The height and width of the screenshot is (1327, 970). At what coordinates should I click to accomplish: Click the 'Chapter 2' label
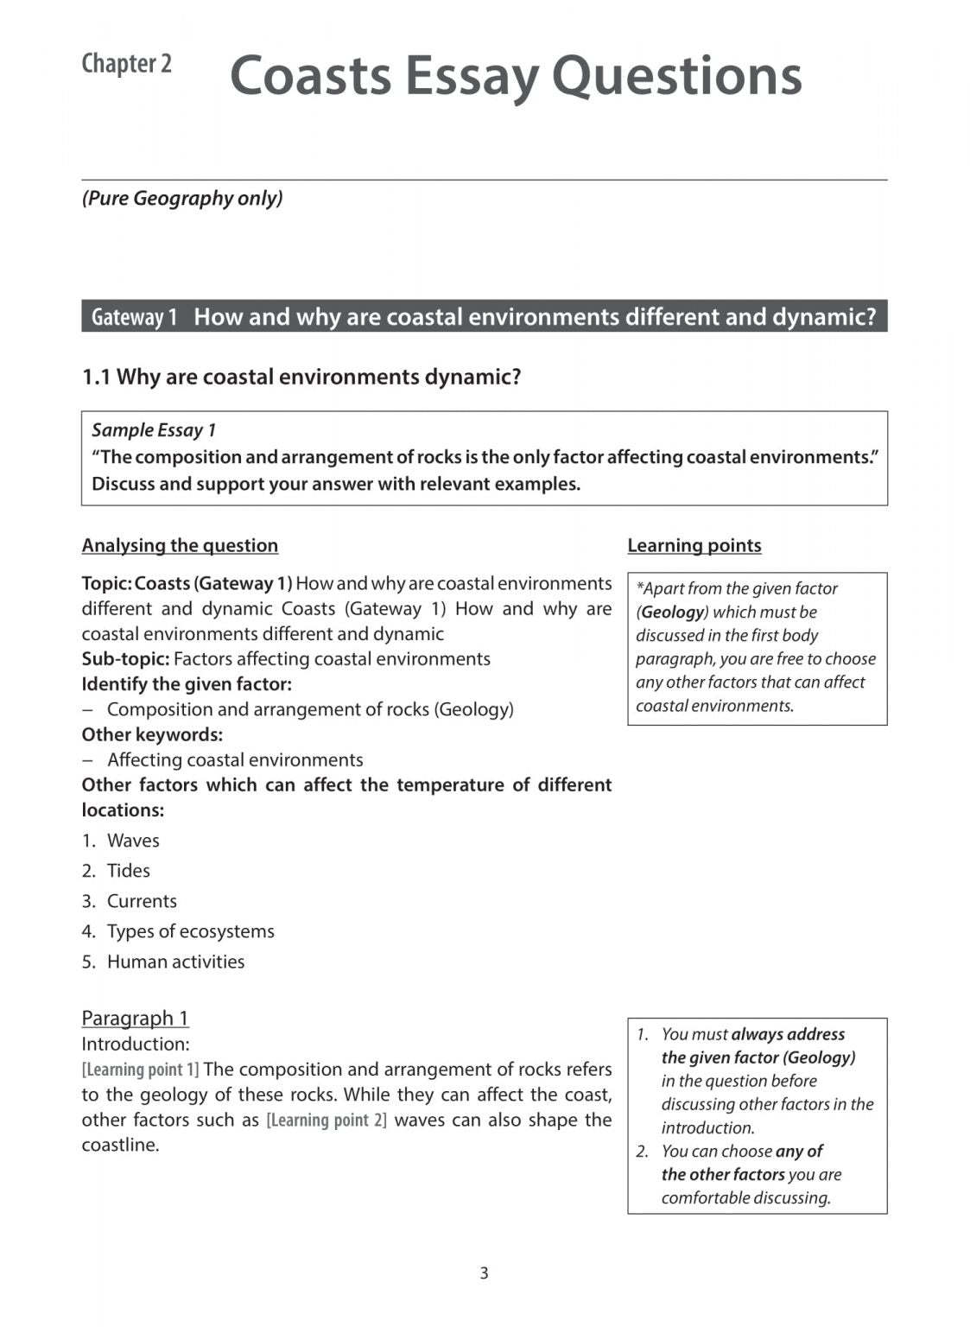point(126,64)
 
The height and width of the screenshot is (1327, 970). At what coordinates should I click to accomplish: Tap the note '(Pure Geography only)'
point(182,198)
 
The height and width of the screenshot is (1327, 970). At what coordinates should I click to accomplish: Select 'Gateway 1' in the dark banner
point(134,317)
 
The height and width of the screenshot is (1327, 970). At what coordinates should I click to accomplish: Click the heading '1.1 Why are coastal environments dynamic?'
point(301,377)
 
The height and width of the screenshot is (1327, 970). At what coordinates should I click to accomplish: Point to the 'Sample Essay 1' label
point(154,430)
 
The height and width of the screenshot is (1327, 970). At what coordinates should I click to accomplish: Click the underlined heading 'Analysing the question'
point(180,545)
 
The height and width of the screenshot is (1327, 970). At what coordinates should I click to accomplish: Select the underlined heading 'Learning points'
point(694,545)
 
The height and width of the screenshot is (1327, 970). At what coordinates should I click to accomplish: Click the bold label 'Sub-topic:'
point(125,658)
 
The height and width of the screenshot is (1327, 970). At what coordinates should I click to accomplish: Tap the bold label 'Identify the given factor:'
point(187,683)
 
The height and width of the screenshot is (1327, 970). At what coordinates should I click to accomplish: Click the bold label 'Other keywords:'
point(152,734)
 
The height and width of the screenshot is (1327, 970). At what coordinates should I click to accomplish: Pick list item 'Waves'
point(133,841)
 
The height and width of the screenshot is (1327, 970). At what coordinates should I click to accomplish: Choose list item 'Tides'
point(129,871)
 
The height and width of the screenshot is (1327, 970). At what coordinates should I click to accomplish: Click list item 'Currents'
point(142,901)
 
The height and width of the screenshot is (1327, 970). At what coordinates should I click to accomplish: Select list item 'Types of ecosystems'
point(190,931)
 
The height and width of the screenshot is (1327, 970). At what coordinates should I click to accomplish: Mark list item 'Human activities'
point(175,962)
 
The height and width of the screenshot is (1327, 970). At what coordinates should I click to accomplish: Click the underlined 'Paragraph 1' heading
point(135,1018)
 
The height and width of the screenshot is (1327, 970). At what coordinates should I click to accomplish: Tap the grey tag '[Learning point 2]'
point(327,1120)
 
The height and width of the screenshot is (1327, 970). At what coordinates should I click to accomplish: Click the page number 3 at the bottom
point(484,1273)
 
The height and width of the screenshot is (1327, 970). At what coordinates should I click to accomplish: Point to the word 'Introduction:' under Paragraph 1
point(135,1044)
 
